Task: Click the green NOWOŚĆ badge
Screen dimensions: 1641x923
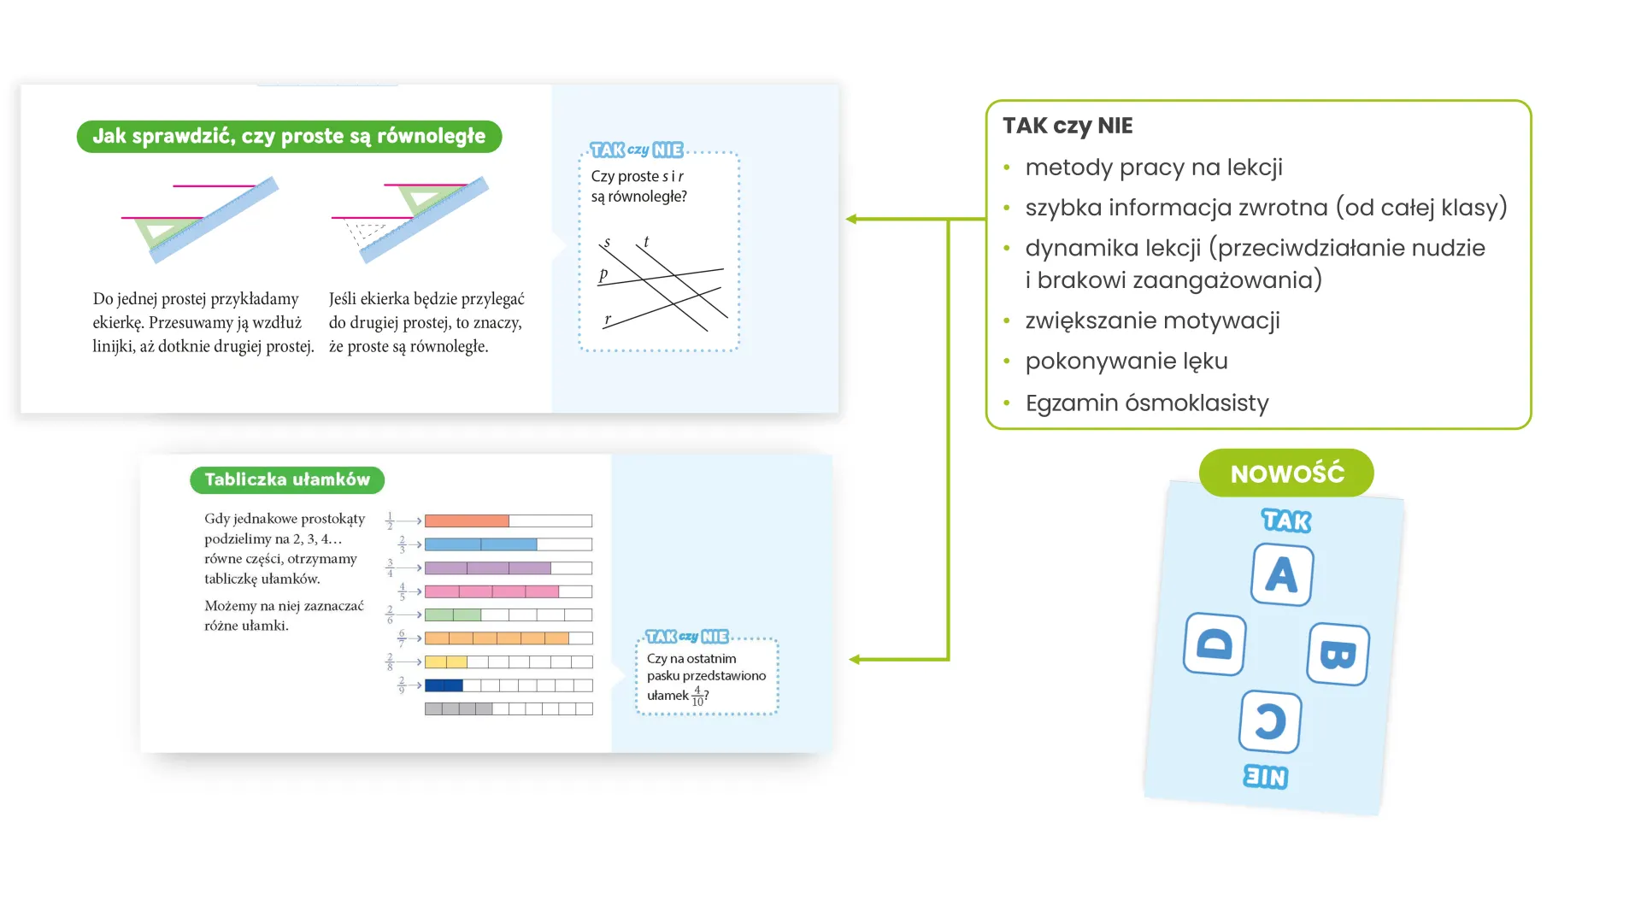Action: coord(1286,473)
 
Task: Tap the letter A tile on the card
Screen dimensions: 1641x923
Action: coord(1282,574)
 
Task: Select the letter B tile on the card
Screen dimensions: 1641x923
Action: coord(1338,654)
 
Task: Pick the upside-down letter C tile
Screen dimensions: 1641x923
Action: coord(1271,721)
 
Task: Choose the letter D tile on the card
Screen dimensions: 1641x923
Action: coord(1215,644)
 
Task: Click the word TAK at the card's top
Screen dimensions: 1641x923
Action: coord(1286,520)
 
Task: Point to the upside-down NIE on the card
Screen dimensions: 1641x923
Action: coord(1266,776)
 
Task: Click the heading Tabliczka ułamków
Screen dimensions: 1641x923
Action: coord(287,479)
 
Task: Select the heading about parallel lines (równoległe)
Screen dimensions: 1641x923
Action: coord(289,137)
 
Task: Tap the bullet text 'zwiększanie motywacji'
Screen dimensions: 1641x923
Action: coord(1152,320)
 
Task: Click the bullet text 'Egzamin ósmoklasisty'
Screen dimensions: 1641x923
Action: coord(1147,403)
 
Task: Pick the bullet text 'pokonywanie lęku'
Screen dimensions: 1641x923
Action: coord(1126,362)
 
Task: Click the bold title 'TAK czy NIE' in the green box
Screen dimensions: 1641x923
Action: coord(1068,126)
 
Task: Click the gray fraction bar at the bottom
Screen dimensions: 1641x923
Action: coord(509,708)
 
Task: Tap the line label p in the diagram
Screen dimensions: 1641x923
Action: coord(603,274)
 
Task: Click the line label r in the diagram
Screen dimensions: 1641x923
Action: coord(608,320)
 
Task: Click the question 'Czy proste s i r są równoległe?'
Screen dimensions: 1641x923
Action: coord(639,186)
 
